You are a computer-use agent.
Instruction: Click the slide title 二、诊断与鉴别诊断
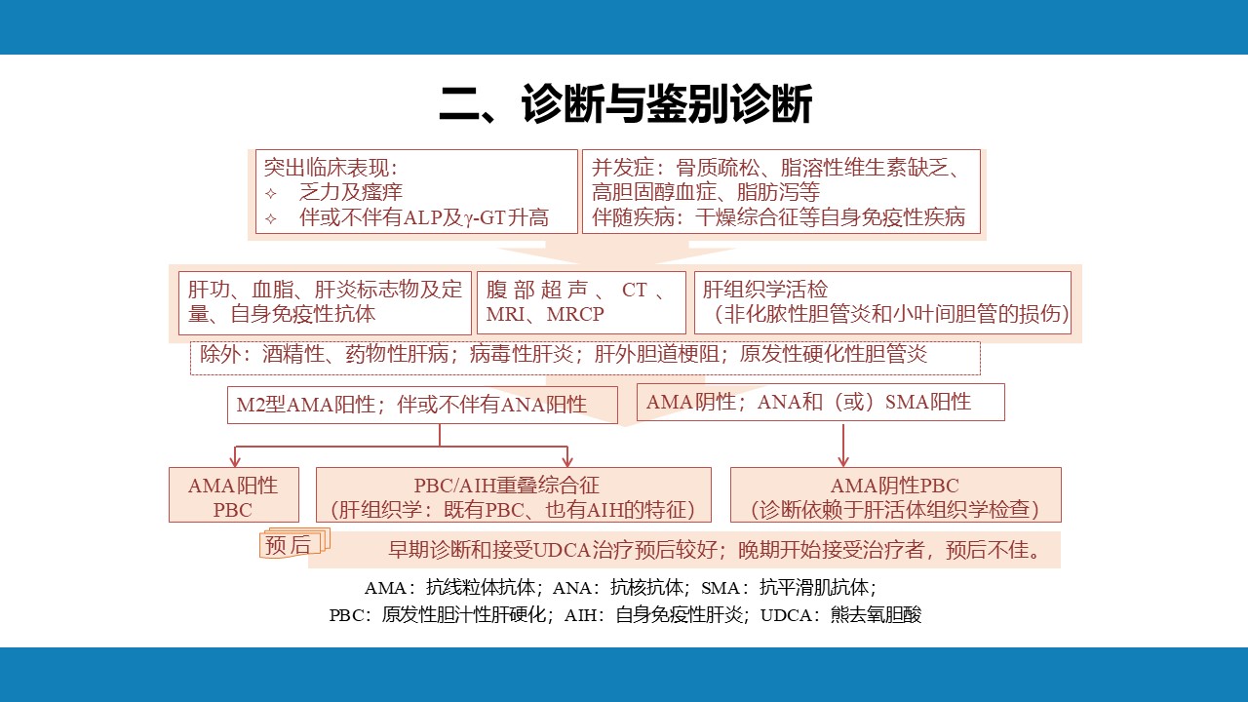625,104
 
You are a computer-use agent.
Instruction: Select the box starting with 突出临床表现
416,191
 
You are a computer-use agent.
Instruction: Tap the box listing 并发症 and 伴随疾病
781,191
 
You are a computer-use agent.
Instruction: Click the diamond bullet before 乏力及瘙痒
271,193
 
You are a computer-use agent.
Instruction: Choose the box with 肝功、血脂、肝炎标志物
325,302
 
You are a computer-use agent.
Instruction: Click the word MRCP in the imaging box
575,314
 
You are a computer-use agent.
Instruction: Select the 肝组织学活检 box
882,302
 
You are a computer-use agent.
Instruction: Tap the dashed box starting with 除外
585,358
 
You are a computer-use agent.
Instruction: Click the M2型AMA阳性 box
422,405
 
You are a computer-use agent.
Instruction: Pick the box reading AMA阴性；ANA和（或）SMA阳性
821,403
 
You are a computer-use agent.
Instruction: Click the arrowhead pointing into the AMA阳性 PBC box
235,462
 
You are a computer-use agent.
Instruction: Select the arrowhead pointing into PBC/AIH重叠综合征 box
567,462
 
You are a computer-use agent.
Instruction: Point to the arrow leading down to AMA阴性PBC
843,446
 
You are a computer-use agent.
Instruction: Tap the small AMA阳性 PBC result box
234,494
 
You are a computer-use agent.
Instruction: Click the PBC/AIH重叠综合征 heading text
506,486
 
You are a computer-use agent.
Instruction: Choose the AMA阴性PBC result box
896,494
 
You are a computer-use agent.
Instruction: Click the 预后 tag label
288,545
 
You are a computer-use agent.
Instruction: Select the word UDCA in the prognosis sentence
562,551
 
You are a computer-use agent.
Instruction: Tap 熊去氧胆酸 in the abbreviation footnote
876,615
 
